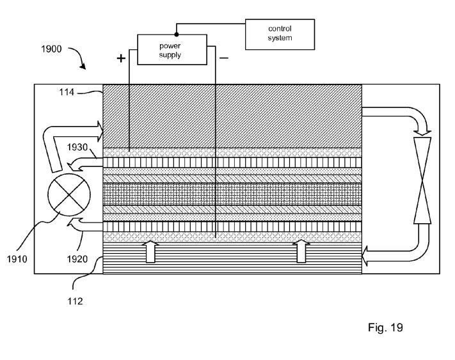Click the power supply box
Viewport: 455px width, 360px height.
[172, 50]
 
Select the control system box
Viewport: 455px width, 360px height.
[280, 35]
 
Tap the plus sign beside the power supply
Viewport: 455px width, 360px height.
[121, 59]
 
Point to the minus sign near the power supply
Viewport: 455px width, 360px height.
[224, 58]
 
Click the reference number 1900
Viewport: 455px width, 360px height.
[51, 49]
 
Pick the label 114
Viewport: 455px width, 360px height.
[67, 92]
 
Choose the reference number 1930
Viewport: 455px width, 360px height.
[77, 147]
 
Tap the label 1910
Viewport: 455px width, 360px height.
[17, 259]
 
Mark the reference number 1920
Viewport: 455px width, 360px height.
[77, 259]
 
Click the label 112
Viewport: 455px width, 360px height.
[75, 301]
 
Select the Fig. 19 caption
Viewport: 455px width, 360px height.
[385, 327]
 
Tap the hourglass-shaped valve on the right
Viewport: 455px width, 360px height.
[422, 180]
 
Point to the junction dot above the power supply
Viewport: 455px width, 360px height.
[177, 35]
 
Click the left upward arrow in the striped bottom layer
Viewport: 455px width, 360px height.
[150, 251]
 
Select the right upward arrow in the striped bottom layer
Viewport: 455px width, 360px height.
[301, 251]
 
